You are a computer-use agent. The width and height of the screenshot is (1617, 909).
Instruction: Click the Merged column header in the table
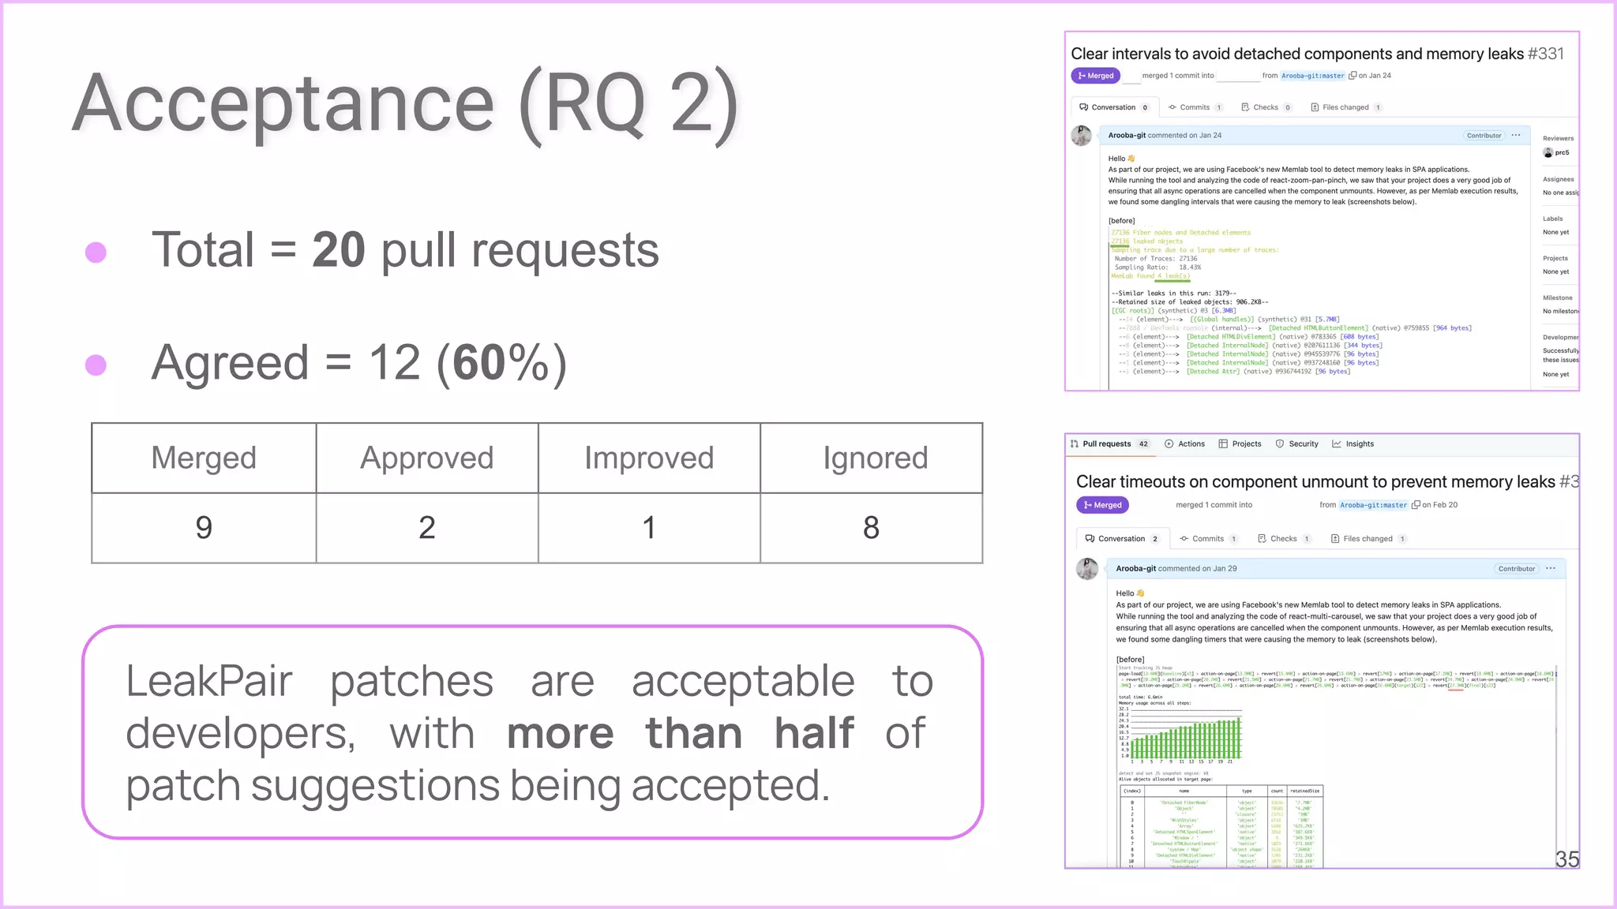(x=204, y=458)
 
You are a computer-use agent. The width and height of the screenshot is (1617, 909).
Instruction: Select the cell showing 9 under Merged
(x=204, y=527)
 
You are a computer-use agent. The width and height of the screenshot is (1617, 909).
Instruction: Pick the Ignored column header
(x=875, y=458)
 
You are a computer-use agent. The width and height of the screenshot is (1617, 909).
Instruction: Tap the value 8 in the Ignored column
(x=871, y=527)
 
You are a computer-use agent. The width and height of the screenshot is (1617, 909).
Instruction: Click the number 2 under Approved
(x=426, y=527)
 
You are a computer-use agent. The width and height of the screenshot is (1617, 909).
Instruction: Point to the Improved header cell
(x=649, y=458)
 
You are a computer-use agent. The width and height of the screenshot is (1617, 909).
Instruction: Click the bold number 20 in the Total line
(x=338, y=250)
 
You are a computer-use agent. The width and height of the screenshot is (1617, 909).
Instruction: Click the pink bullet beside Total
(x=96, y=252)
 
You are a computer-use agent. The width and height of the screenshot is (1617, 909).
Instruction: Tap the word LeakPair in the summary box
(x=209, y=681)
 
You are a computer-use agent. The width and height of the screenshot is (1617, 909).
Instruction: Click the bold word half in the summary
(x=814, y=733)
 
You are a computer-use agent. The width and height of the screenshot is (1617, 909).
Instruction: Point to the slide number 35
(x=1566, y=859)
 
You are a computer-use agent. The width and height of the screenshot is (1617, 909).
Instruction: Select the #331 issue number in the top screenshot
(x=1545, y=54)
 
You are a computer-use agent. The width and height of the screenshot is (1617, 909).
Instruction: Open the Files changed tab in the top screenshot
(x=1345, y=107)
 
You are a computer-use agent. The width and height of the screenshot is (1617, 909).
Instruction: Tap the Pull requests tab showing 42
(x=1109, y=443)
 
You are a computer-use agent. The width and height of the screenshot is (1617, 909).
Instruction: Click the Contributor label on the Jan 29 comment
(x=1516, y=568)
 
